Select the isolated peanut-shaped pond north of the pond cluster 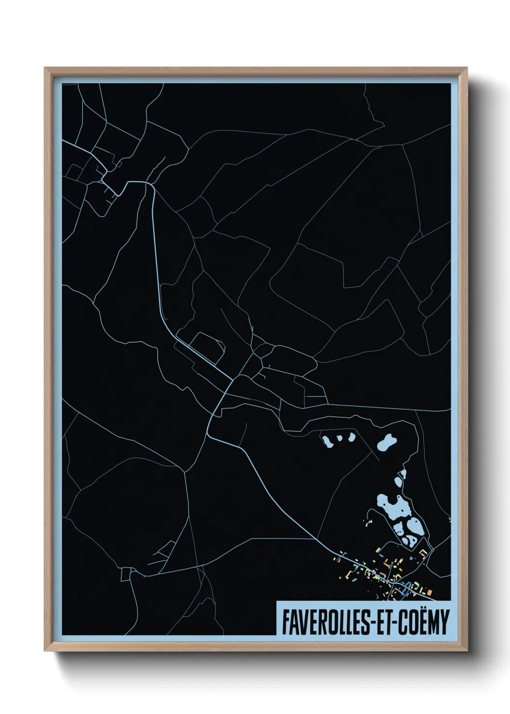(x=387, y=442)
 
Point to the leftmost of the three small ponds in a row (x=328, y=441)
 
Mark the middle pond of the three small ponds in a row (x=339, y=439)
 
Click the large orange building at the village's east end (x=428, y=591)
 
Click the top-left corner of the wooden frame (x=45, y=68)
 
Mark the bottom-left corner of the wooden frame (x=45, y=651)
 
